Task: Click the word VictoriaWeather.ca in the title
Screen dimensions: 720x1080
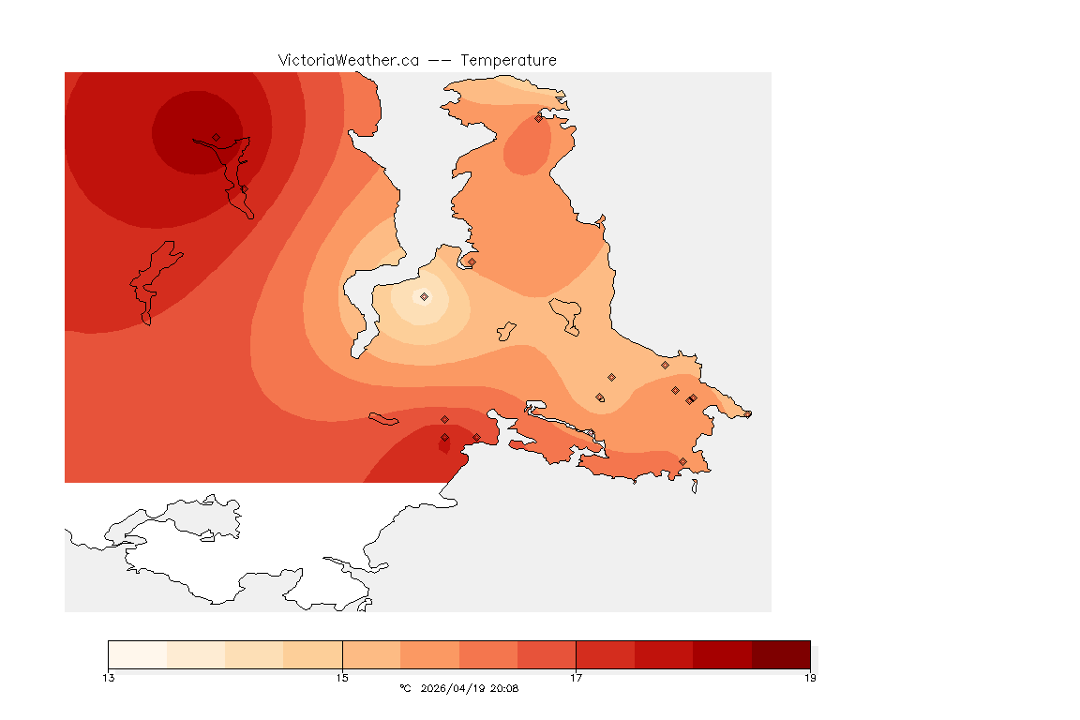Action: [348, 60]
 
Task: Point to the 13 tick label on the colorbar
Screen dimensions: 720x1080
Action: [109, 678]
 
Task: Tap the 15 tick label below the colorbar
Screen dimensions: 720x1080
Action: [342, 678]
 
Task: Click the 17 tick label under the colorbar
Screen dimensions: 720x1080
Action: [576, 678]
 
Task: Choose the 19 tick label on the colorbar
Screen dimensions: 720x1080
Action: [810, 678]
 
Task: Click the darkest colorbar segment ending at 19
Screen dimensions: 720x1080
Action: [781, 654]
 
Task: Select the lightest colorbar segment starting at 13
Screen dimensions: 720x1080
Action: [138, 654]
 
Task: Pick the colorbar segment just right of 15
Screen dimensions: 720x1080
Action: [371, 654]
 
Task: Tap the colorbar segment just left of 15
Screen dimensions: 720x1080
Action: [313, 654]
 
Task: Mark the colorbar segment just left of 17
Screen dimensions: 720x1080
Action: [547, 654]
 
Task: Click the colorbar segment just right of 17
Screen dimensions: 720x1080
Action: [605, 654]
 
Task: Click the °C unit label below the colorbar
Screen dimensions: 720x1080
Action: [405, 688]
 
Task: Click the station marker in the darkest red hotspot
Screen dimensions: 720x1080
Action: [216, 137]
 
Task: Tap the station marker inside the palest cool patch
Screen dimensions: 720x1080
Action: [424, 296]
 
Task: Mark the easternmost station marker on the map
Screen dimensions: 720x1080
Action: [747, 413]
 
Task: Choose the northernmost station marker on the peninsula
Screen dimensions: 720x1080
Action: [538, 118]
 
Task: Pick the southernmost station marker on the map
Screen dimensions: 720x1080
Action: [682, 461]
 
